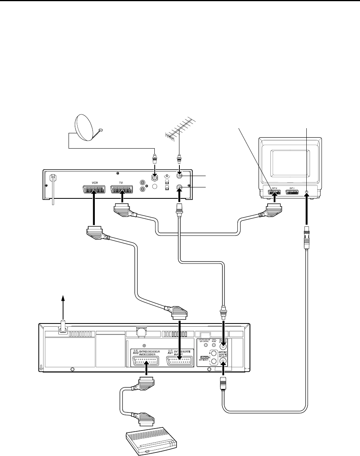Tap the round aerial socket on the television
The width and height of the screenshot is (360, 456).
[306, 193]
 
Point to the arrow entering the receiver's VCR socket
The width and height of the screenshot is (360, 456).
[94, 212]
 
